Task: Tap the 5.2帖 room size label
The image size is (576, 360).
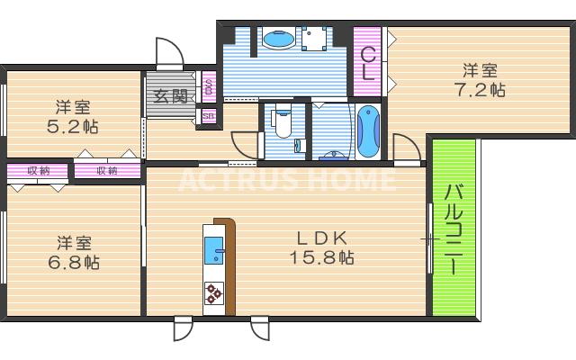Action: point(72,126)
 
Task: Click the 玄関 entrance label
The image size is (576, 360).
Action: point(168,97)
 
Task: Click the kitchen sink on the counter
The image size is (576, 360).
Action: point(215,250)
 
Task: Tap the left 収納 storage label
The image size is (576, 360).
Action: point(38,170)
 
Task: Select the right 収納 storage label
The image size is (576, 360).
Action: point(107,170)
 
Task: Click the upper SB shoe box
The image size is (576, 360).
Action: point(209,87)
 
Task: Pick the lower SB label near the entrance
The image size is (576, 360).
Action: point(209,115)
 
